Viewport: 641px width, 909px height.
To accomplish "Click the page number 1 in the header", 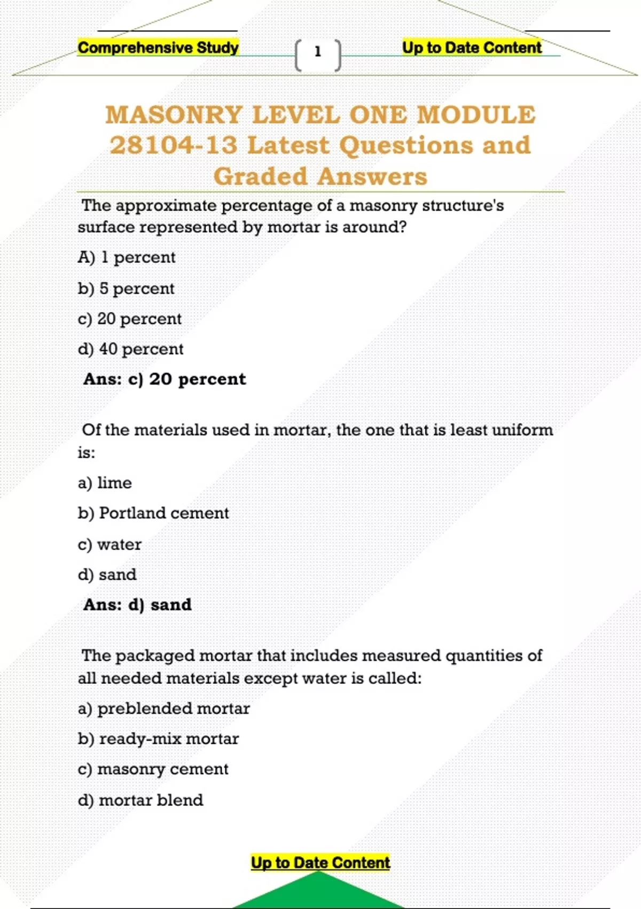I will click(318, 52).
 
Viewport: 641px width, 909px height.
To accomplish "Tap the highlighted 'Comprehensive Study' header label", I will click(158, 48).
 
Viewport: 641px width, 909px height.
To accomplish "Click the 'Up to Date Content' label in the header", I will click(472, 48).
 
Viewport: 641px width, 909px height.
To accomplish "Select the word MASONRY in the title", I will click(174, 115).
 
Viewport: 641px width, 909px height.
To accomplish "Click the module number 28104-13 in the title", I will click(174, 145).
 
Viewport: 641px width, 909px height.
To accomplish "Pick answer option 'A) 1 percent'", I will click(127, 258).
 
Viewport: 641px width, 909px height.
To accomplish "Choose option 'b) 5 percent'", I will click(126, 289).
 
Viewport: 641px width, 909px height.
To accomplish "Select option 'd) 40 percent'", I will click(130, 349).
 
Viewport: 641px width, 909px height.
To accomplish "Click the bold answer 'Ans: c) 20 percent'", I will click(165, 379).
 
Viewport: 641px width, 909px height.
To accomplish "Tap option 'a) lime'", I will click(105, 483).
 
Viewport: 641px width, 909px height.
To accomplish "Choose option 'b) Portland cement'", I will click(153, 513).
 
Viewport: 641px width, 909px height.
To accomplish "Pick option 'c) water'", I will click(110, 544).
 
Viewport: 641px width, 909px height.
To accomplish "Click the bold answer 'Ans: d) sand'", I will click(137, 605).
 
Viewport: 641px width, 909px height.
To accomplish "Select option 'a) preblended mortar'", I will click(163, 708).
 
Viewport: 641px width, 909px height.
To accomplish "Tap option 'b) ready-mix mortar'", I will click(158, 739).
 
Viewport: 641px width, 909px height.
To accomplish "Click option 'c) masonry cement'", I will click(153, 769).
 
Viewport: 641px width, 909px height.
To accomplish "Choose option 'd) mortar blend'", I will click(140, 800).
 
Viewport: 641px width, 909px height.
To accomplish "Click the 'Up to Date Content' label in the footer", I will click(320, 862).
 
